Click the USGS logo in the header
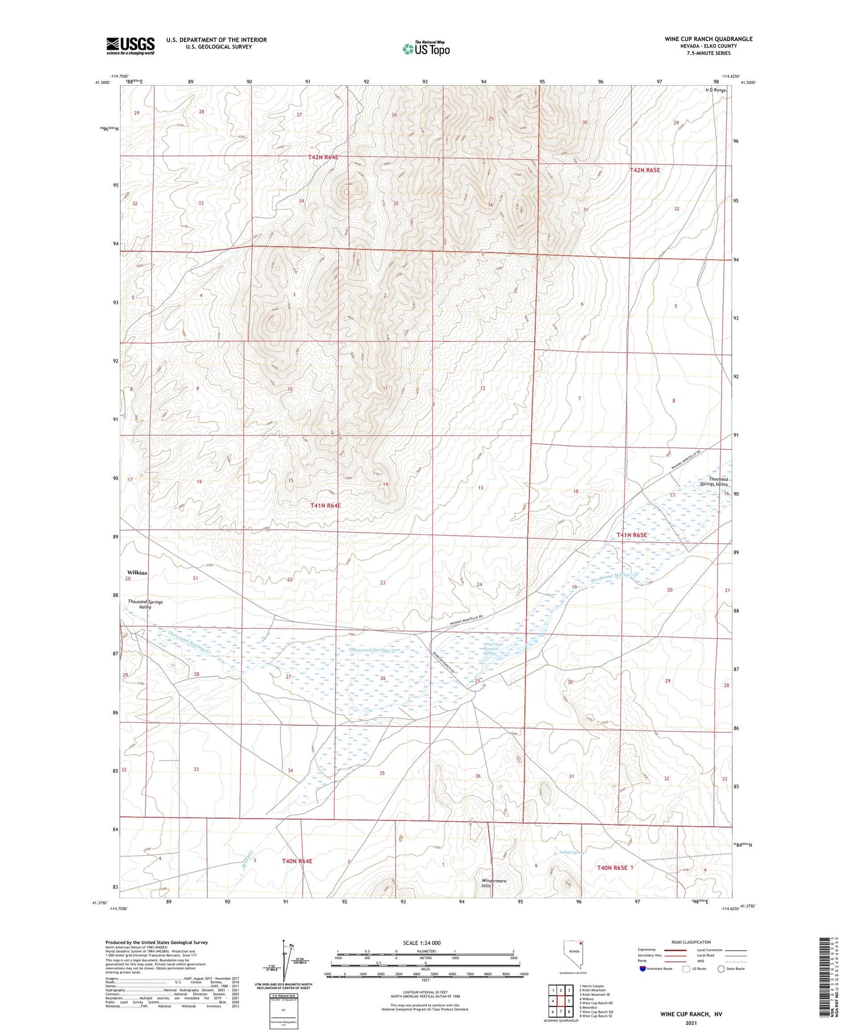point(130,46)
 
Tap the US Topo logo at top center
point(426,49)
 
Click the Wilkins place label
point(137,573)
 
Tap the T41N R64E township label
point(326,506)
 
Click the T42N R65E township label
point(644,170)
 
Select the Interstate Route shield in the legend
point(642,969)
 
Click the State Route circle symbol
point(721,969)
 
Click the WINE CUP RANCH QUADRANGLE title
point(708,39)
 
